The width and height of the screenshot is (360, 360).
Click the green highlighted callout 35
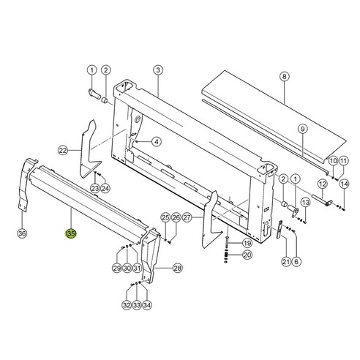click(x=71, y=233)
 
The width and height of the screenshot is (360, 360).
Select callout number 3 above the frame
click(x=157, y=70)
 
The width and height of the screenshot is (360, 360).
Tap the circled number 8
click(x=284, y=75)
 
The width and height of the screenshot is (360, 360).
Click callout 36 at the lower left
click(x=22, y=233)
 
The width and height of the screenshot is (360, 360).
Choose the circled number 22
click(x=63, y=150)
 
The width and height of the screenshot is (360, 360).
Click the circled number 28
click(x=176, y=269)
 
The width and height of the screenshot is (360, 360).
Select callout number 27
click(x=187, y=217)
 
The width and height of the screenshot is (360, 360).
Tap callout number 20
click(x=247, y=255)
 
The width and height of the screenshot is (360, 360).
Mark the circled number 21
click(x=286, y=262)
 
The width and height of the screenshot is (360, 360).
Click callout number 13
click(x=307, y=202)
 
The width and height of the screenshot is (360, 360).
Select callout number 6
click(x=296, y=262)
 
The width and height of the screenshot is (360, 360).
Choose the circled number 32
click(x=127, y=305)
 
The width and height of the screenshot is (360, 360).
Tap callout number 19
click(x=247, y=242)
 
